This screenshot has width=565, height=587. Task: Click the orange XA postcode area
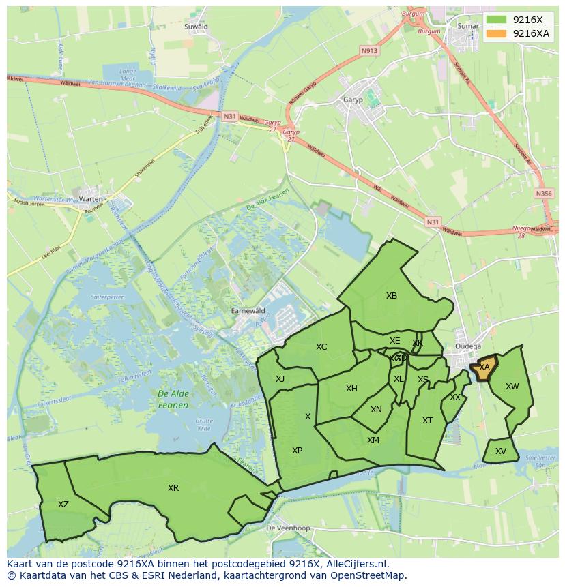click(x=485, y=368)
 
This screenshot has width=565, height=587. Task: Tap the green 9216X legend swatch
click(x=497, y=20)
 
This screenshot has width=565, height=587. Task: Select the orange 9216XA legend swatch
click(x=497, y=33)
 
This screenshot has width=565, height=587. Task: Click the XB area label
click(x=391, y=296)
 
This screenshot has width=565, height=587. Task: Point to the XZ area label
click(x=63, y=505)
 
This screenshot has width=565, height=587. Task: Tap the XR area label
click(x=173, y=488)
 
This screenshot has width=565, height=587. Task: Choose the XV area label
click(x=501, y=451)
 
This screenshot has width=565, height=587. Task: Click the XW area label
click(x=512, y=387)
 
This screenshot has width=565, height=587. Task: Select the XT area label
click(x=427, y=421)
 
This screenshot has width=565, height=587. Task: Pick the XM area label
click(x=373, y=440)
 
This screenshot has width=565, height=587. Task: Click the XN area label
click(x=376, y=410)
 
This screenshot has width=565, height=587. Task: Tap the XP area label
click(x=297, y=451)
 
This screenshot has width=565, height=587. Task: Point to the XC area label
click(x=321, y=347)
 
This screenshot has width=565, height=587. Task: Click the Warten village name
click(x=91, y=199)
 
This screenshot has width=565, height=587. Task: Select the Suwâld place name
click(x=196, y=27)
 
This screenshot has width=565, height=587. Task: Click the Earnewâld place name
click(x=248, y=310)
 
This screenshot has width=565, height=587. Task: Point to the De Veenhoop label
click(x=288, y=528)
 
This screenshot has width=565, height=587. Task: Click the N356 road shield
click(x=544, y=194)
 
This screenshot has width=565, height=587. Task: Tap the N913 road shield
click(x=369, y=50)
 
